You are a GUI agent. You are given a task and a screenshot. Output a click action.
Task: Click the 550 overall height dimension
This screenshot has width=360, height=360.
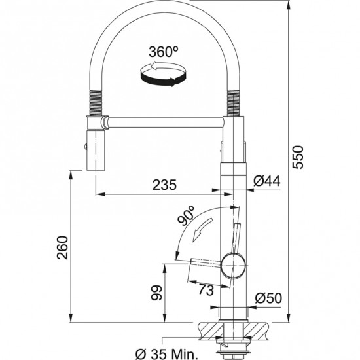tap(298, 157)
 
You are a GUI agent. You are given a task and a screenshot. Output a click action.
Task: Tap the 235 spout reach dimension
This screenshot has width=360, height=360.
tap(164, 185)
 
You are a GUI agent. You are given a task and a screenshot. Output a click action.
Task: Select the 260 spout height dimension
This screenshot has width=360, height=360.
tap(63, 247)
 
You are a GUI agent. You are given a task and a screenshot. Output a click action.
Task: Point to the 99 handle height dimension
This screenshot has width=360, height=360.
tap(156, 293)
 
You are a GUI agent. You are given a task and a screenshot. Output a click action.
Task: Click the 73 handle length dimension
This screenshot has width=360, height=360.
tap(206, 290)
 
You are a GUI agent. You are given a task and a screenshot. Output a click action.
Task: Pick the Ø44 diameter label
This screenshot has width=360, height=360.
tap(267, 181)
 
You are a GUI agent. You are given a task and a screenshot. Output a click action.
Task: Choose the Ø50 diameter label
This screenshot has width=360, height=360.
tap(268, 298)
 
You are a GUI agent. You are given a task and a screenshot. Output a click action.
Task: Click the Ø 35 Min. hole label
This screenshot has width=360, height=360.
tap(167, 353)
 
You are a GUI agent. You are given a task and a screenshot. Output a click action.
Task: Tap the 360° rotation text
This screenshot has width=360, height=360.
tap(164, 52)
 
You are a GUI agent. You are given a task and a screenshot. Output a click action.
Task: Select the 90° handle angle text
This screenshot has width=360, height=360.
tap(186, 215)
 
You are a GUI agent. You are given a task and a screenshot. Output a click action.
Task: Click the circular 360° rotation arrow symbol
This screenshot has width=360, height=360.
tap(163, 74)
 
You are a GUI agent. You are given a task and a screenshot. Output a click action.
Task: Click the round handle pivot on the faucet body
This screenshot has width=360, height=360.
tap(232, 265)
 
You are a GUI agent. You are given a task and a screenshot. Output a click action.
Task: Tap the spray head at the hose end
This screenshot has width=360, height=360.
tap(96, 150)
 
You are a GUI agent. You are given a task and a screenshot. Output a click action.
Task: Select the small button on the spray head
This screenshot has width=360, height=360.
tap(85, 147)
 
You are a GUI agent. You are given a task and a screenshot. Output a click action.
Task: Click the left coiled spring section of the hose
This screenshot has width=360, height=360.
tap(95, 103)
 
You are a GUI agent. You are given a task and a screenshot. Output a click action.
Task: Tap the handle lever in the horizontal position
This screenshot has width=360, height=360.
tap(206, 262)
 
